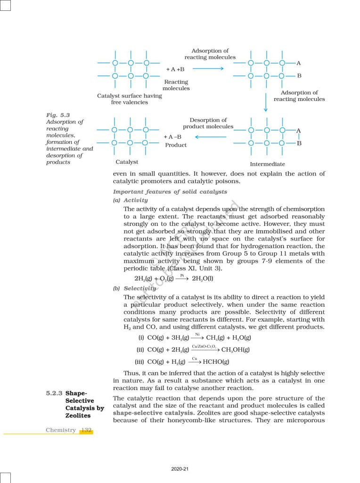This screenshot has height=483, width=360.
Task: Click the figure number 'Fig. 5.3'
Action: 58,115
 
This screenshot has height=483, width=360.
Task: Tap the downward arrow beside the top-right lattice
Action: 266,102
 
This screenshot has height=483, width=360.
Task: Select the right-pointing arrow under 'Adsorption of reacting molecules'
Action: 208,69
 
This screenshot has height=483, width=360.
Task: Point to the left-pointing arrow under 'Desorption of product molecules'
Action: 211,137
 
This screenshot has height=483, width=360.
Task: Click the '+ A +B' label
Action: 175,69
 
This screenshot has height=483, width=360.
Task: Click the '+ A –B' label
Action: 173,137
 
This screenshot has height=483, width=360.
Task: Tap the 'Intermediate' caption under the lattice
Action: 267,164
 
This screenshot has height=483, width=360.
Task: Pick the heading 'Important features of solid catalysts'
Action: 170,192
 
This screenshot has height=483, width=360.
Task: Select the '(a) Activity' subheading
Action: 130,200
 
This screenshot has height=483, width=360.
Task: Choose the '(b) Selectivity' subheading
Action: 134,288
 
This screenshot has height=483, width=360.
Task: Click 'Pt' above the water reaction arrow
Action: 181,274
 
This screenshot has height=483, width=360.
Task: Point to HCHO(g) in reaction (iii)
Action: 215,362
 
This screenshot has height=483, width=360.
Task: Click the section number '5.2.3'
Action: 54,392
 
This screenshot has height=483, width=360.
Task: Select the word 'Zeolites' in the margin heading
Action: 78,416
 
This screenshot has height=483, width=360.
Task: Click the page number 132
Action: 86,430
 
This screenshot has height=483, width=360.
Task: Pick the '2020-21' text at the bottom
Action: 180,469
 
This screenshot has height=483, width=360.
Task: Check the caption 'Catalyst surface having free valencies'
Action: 129,99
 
